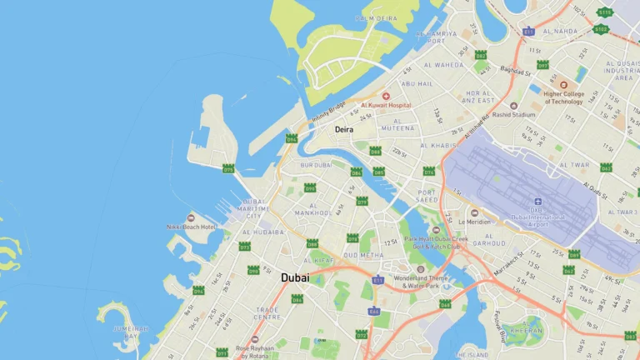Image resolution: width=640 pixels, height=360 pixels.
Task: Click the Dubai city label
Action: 295,277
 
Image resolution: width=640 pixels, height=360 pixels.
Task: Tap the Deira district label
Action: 344,130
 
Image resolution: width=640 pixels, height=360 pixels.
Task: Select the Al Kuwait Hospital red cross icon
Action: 386,97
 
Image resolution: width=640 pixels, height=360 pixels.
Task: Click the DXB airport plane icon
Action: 537,202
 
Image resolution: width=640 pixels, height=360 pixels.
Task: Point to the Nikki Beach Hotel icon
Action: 191,217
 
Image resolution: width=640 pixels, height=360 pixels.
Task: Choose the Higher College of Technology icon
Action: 562,85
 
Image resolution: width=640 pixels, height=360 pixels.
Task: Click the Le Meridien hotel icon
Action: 474,212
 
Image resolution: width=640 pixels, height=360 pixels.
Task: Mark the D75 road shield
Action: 228,169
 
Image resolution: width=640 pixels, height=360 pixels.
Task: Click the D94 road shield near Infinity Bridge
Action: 291,138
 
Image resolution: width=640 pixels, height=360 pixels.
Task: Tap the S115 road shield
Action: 603,12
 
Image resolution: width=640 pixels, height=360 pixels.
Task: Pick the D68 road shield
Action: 445,304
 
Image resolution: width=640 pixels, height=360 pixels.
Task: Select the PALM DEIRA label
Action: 376,17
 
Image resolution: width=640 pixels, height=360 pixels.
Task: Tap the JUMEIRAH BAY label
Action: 130,332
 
